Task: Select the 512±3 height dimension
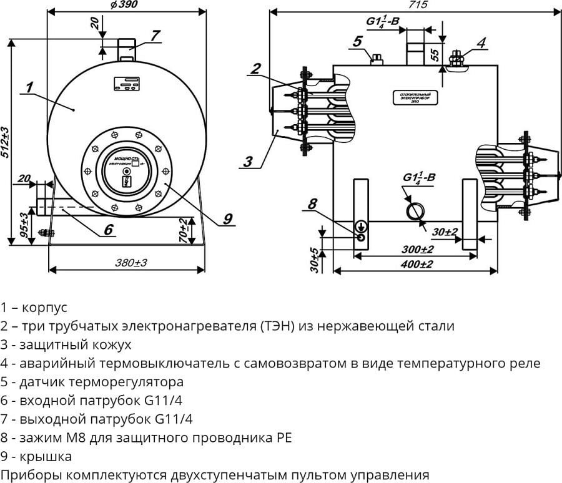[x=6, y=143]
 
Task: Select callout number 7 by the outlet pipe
[x=155, y=34]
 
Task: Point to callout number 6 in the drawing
[x=108, y=229]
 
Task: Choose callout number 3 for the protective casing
[x=249, y=162]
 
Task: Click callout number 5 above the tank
[x=357, y=41]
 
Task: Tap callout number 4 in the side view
[x=481, y=42]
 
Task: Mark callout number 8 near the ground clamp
[x=312, y=203]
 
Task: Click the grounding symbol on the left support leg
[x=361, y=226]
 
